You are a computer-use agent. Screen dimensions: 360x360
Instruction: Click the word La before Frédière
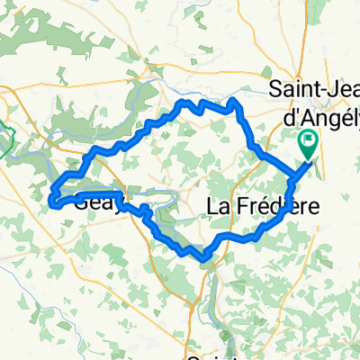click(x=220, y=207)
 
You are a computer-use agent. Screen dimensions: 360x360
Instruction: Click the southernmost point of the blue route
click(x=206, y=260)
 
